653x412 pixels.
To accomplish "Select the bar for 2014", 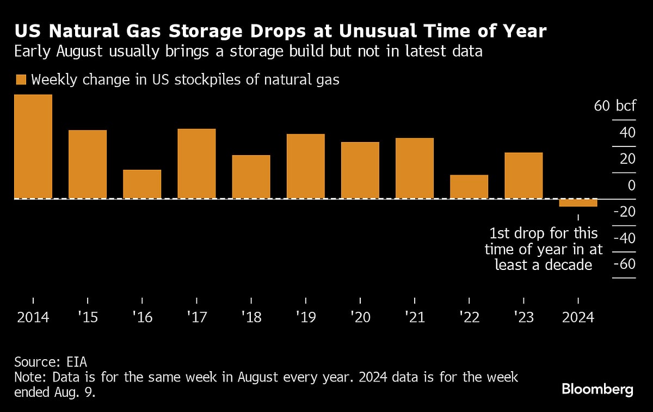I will tap(33, 146).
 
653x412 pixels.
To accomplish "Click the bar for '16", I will tap(142, 184).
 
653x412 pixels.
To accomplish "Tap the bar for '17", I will tap(196, 163).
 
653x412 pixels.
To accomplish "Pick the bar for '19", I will tap(305, 166).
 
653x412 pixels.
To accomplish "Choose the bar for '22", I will tap(469, 187).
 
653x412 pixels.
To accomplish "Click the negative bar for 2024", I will tap(578, 203).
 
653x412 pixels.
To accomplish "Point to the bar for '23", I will tap(523, 175).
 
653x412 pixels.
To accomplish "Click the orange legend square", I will tap(21, 80).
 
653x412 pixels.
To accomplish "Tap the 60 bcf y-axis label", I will tap(614, 106).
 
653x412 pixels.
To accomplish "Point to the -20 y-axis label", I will tap(624, 212).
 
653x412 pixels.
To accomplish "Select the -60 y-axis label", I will tap(624, 265).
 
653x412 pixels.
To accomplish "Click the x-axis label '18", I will tap(251, 317).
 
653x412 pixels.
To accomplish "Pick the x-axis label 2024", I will tap(578, 317).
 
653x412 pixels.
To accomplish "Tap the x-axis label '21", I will tap(414, 317).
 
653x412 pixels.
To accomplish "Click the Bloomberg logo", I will tap(597, 389).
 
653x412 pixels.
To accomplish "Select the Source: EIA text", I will tap(51, 362).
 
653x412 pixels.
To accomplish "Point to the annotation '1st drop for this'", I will tap(544, 233).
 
